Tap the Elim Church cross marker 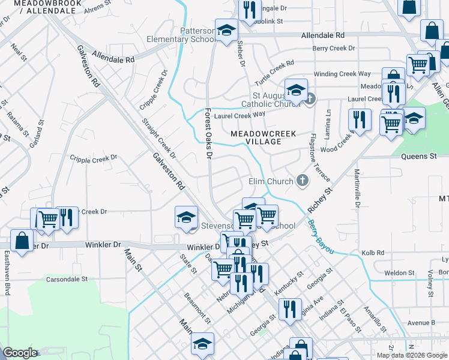tap(303, 180)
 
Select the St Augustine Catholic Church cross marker tap(309, 98)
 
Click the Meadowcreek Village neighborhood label tap(264, 137)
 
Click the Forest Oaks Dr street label tap(208, 133)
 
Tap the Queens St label tap(418, 157)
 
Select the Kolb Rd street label tap(372, 253)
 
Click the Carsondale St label tap(68, 279)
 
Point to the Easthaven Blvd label tap(8, 272)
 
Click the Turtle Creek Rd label tap(274, 72)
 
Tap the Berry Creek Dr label tap(333, 48)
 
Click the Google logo tap(20, 353)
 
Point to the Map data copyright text tap(411, 355)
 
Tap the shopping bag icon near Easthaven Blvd tap(22, 241)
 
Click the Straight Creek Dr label tap(159, 138)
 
